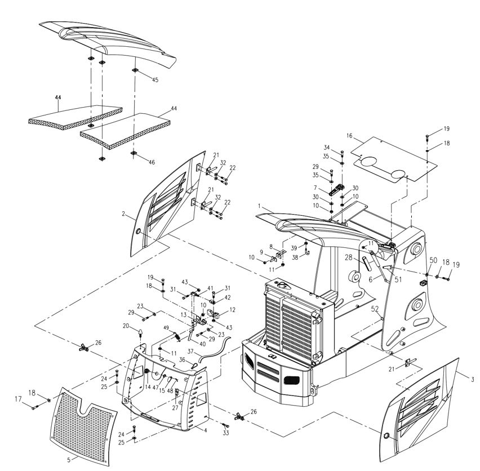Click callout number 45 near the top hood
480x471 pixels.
pos(155,80)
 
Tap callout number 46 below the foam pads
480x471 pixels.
pos(152,162)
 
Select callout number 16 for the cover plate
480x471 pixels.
pos(350,136)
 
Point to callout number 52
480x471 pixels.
pos(375,309)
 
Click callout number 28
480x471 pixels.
pos(349,257)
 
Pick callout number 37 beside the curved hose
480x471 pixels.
pos(190,352)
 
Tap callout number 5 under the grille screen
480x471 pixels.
pos(69,459)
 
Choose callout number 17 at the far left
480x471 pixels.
pos(19,399)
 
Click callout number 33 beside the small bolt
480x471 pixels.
pos(226,433)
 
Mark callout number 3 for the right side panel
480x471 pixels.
pos(473,380)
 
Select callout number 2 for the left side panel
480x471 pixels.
pos(123,214)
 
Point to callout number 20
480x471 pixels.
pos(126,326)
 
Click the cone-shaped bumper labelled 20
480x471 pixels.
pos(140,332)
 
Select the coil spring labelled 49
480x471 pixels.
pos(177,336)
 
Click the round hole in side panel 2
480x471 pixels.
pos(138,232)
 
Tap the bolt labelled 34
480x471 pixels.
pos(342,153)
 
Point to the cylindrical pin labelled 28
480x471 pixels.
pos(367,264)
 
